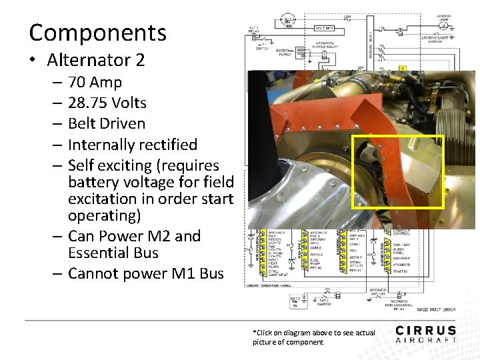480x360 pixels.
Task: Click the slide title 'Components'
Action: (97, 32)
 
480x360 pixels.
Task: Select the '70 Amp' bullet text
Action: (95, 83)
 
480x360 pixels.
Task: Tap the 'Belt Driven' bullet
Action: (106, 124)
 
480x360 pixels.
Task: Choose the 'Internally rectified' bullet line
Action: (133, 145)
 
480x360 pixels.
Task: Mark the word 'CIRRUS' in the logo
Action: (425, 330)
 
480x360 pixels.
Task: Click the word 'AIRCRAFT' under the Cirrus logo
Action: (425, 340)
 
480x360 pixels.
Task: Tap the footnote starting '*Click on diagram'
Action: (313, 337)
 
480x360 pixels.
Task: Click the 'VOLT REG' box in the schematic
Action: (325, 29)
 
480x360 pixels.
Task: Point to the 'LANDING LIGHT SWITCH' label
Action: (439, 39)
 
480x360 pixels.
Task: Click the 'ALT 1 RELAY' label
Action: (253, 29)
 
